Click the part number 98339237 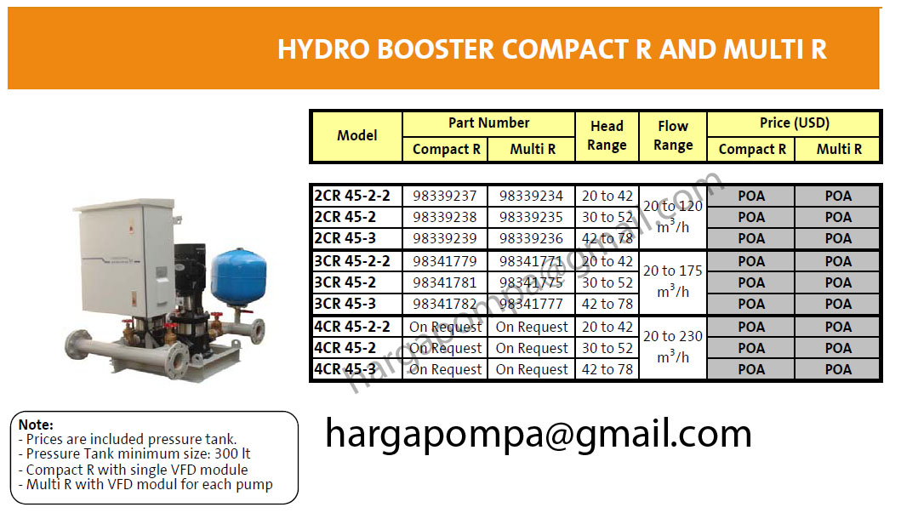[x=445, y=196]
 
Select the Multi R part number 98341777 [x=532, y=304]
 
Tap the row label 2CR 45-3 [x=345, y=238]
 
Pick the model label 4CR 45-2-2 [x=352, y=327]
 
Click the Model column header [x=356, y=135]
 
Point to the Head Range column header [x=607, y=135]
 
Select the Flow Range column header [x=672, y=135]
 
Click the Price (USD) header [x=793, y=123]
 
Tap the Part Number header [x=488, y=123]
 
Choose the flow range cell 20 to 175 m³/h [x=672, y=281]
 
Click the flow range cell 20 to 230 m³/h [x=672, y=346]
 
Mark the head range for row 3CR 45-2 [x=607, y=282]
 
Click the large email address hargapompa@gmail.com [x=538, y=434]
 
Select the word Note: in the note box [x=36, y=424]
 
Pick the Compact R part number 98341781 [x=445, y=282]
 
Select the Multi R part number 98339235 [x=532, y=217]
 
